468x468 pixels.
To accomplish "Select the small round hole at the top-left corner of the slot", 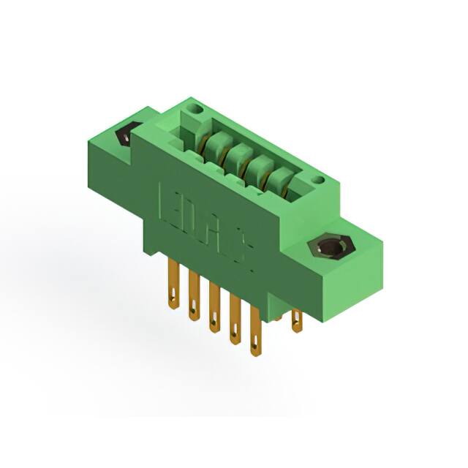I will [x=193, y=110].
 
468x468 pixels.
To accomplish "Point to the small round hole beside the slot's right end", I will [x=317, y=179].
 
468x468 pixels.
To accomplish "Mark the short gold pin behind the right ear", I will [x=297, y=320].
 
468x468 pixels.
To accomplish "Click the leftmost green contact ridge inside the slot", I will [x=213, y=146].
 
